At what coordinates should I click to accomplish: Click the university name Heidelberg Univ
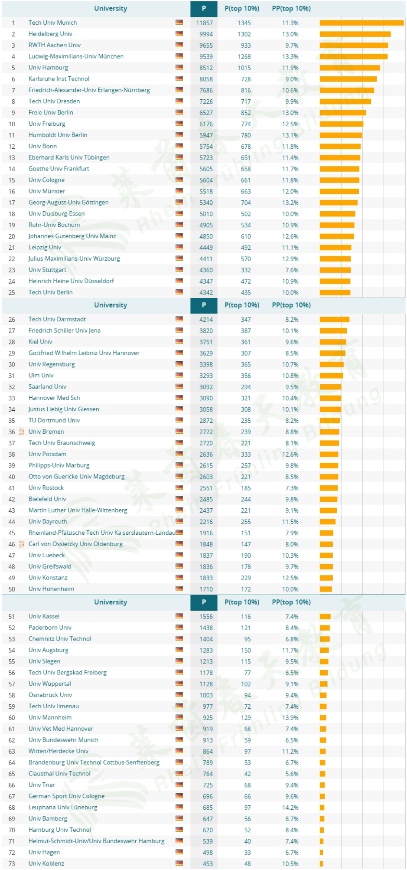pos(50,34)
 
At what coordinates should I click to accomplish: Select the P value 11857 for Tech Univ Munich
pos(204,23)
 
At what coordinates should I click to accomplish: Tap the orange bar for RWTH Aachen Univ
pos(354,45)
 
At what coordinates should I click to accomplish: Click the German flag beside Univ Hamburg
pos(179,67)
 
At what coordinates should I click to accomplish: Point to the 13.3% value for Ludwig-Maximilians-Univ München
pos(290,57)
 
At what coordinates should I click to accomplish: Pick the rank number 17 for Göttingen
pos(12,203)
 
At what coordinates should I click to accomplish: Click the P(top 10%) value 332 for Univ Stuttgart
pos(246,270)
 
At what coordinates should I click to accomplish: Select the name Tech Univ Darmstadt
pos(57,319)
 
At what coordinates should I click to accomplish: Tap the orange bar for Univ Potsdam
pos(329,454)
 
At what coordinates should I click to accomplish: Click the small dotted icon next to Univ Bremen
pos(21,432)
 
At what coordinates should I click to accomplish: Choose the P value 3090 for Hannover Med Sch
pos(206,398)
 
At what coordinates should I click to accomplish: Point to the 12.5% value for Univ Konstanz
pos(290,578)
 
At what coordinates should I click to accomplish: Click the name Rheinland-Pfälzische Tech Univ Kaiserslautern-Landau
pos(102,533)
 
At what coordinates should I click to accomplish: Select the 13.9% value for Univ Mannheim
pos(290,718)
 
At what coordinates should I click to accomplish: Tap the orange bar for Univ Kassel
pos(325,616)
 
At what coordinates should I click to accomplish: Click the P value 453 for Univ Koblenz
pos(208,864)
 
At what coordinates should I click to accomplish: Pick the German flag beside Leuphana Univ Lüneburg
pos(179,807)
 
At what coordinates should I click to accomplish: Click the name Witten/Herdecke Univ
pos(59,751)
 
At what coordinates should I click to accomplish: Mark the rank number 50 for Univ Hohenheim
pos(12,589)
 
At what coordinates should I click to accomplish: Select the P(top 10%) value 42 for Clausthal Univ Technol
pos(247,774)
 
